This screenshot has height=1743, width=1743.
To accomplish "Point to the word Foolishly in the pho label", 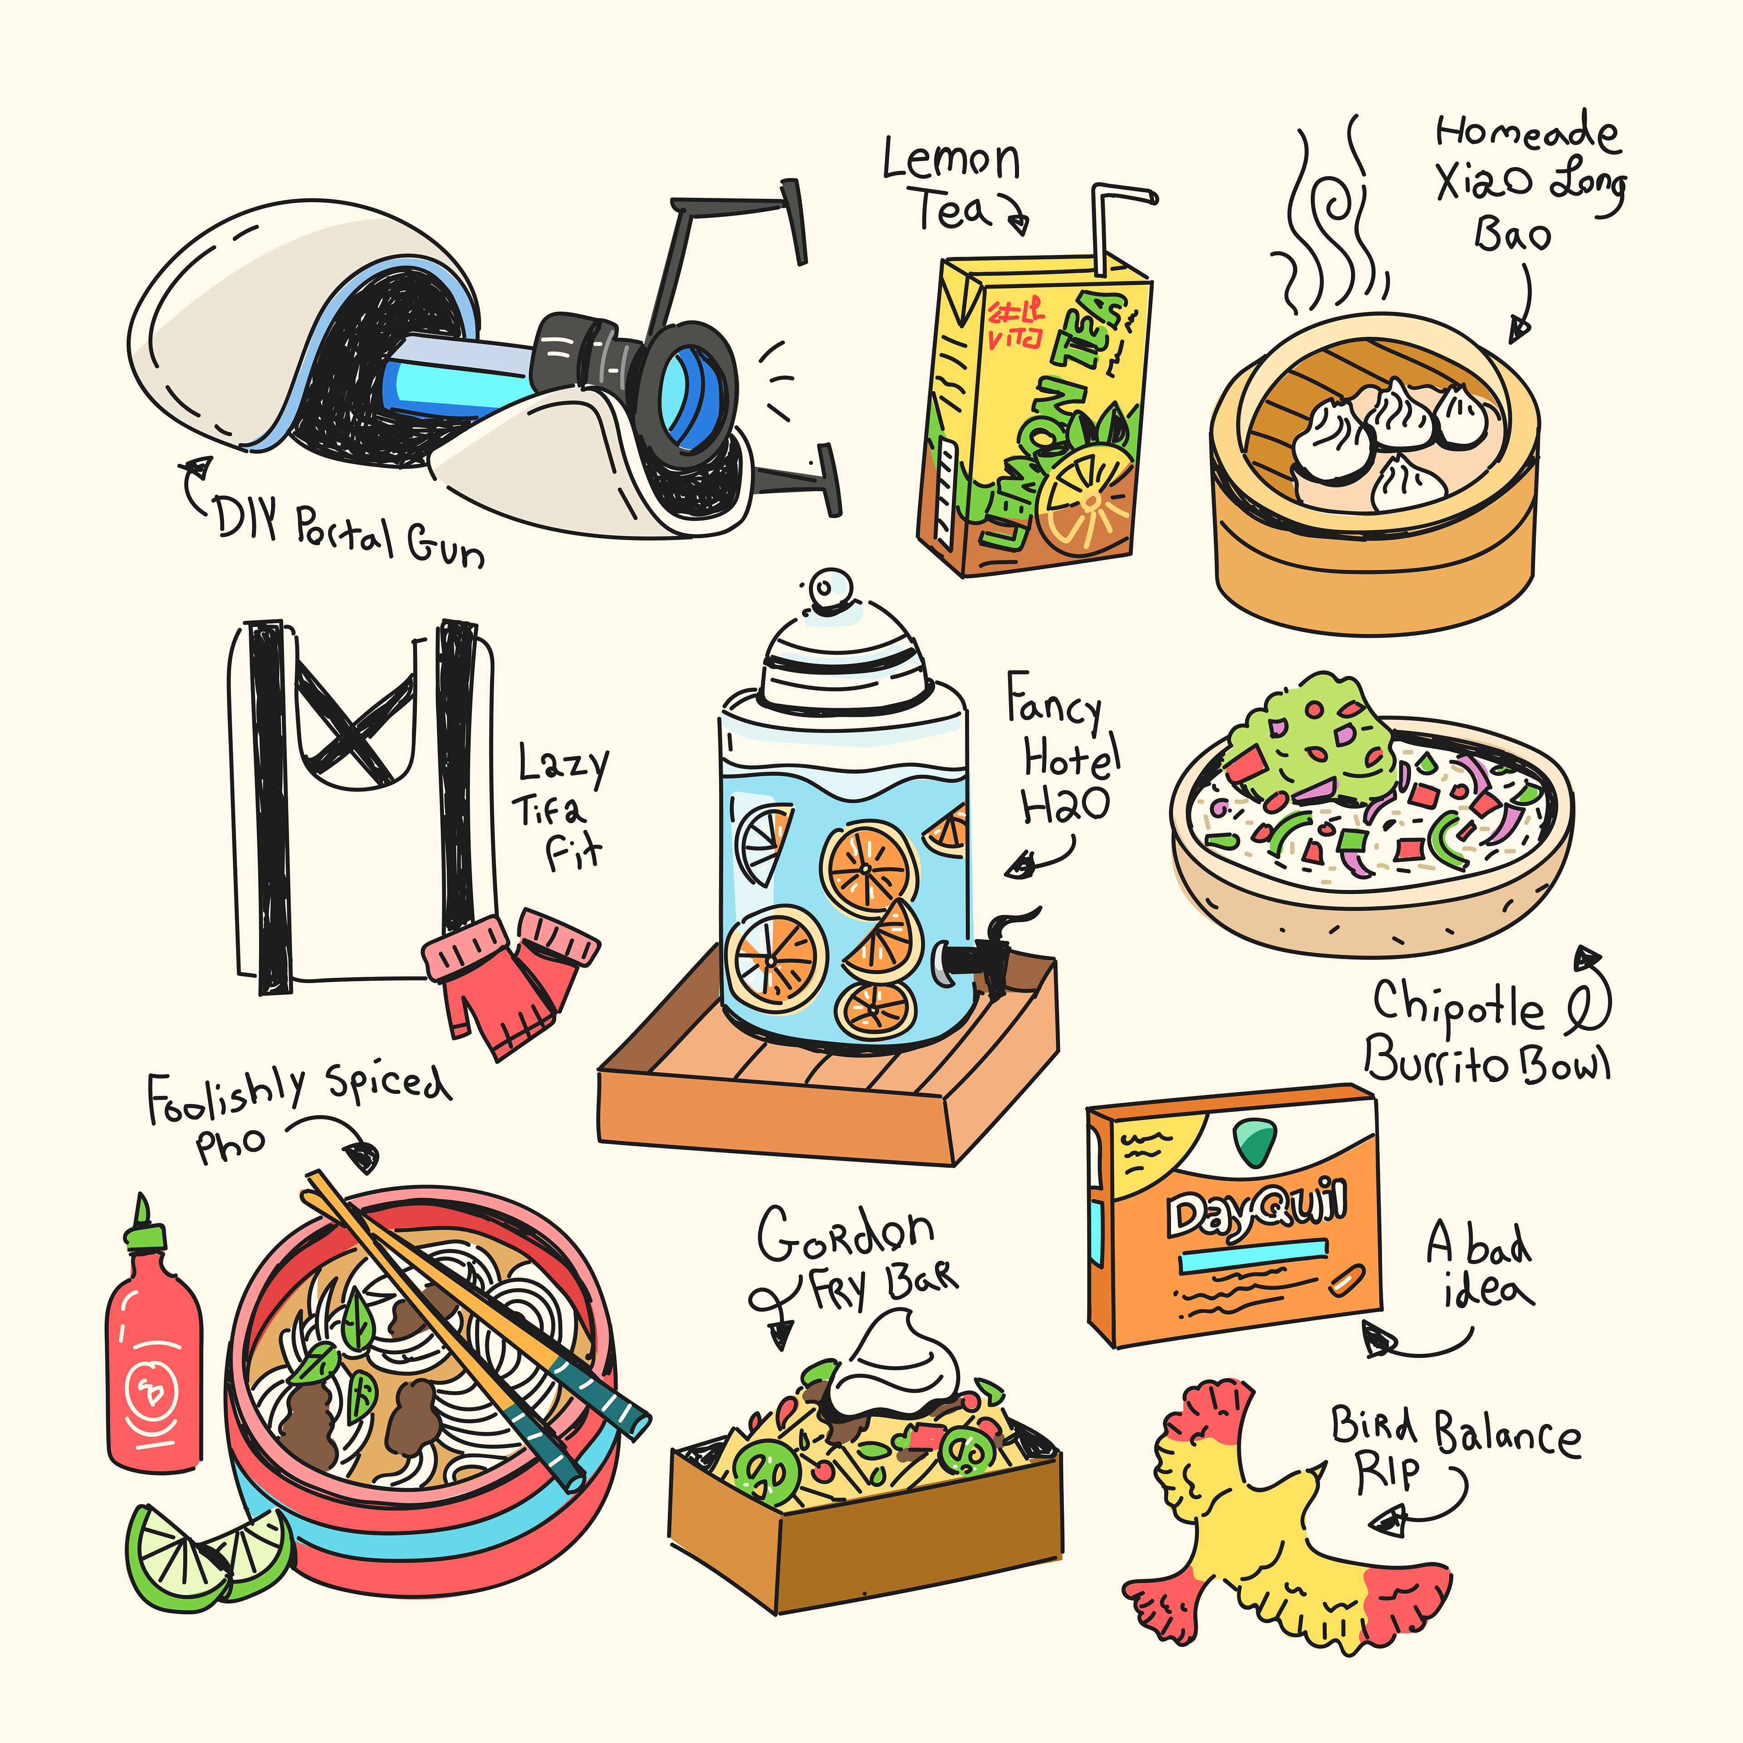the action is [226, 1096].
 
